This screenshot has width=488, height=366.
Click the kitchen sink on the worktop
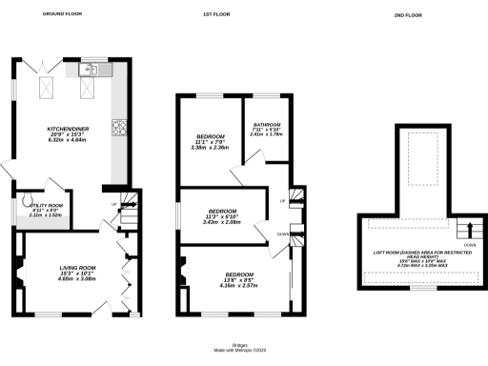tap(95, 69)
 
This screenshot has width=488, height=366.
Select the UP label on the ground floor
tap(114, 205)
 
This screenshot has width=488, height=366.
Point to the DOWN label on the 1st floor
tap(282, 234)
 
